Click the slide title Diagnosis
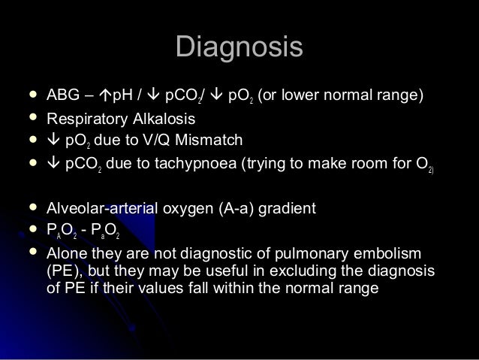point(239,47)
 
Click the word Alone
point(66,255)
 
